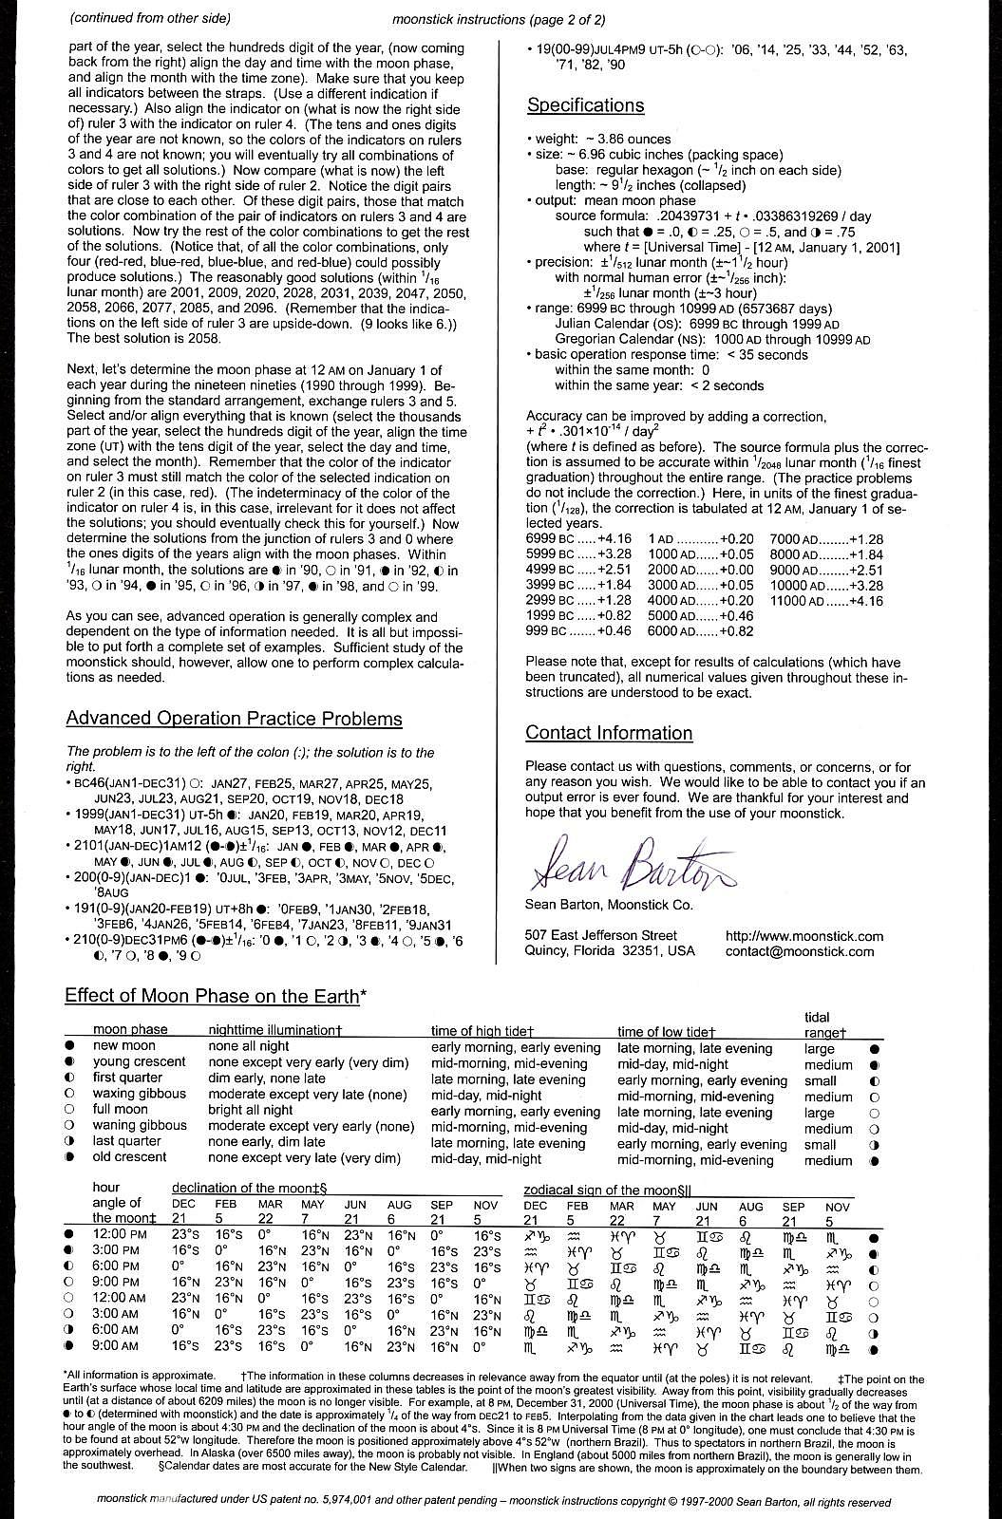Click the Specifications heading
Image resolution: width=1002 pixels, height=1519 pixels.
(585, 105)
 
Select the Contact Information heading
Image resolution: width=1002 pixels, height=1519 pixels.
(609, 733)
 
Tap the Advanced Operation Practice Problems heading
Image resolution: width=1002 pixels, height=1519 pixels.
(234, 719)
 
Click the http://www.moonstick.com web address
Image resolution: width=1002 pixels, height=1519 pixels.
(803, 935)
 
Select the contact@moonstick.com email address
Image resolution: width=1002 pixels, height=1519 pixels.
(800, 951)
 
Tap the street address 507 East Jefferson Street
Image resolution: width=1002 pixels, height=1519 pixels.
(600, 935)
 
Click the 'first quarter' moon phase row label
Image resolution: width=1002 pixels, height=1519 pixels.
(129, 1078)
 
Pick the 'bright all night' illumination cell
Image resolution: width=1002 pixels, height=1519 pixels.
(251, 1109)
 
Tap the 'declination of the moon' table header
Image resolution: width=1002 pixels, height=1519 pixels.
(249, 1188)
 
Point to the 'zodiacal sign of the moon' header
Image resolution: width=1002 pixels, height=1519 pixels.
(608, 1190)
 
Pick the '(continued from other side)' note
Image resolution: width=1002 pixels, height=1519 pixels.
(150, 18)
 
